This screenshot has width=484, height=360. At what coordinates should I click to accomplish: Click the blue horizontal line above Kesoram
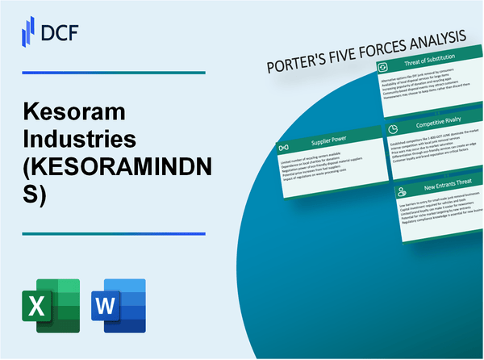(x=112, y=73)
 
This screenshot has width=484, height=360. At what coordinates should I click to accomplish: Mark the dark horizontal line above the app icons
(x=112, y=233)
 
